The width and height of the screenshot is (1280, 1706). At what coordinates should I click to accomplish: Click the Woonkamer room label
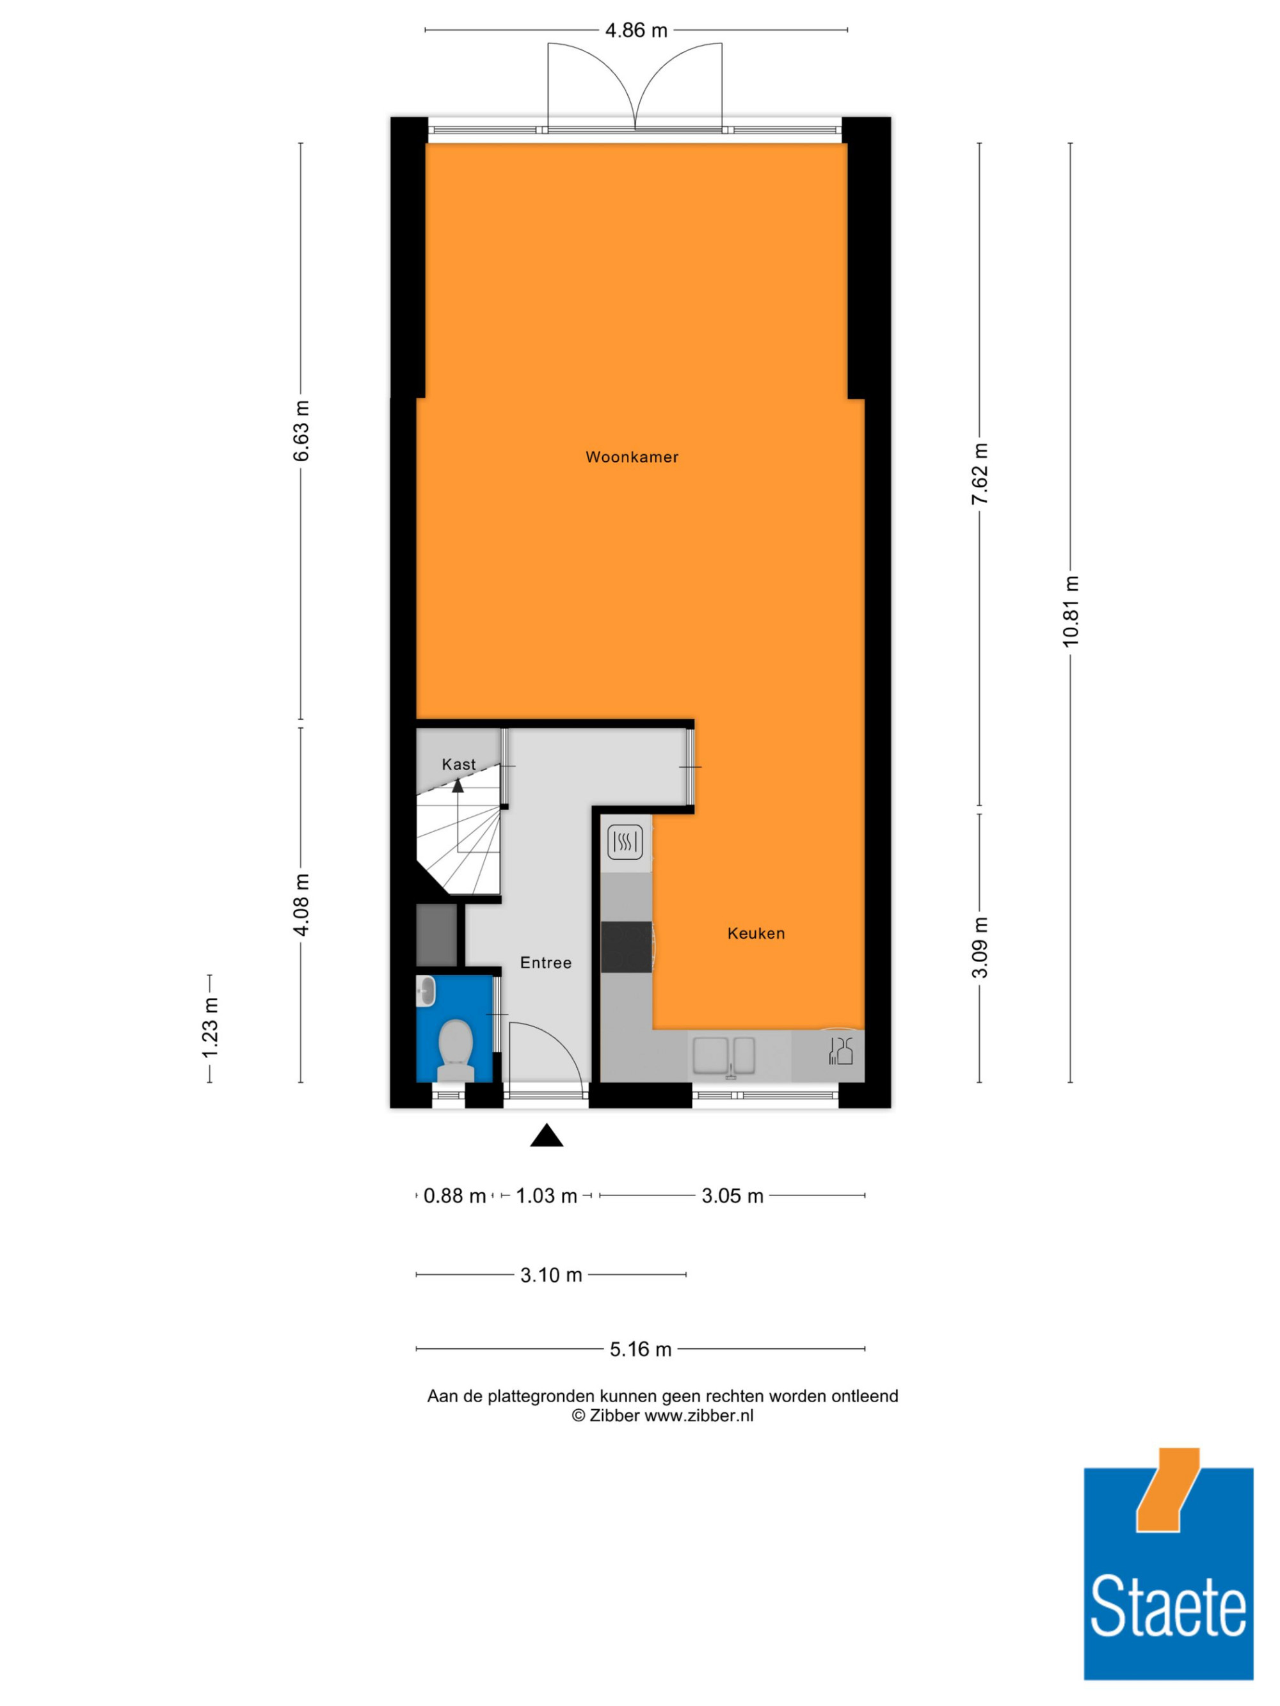click(x=632, y=457)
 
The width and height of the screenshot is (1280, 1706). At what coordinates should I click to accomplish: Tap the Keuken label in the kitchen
click(x=756, y=933)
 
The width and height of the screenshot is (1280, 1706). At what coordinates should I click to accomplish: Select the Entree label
click(x=545, y=963)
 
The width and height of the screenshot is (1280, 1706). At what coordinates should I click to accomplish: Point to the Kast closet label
click(x=458, y=764)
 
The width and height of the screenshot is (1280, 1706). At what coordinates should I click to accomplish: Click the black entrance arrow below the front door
click(x=547, y=1135)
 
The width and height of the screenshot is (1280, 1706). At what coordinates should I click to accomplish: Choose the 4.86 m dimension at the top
click(x=636, y=31)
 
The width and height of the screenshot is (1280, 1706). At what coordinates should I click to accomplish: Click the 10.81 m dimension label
click(x=1070, y=612)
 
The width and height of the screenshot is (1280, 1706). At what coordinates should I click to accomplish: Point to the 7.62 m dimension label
click(x=980, y=475)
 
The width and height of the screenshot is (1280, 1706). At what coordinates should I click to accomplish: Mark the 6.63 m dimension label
click(x=301, y=431)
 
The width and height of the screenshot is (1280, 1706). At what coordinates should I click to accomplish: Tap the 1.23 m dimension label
click(x=210, y=1028)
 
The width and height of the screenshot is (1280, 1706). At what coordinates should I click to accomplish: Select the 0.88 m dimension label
click(x=454, y=1196)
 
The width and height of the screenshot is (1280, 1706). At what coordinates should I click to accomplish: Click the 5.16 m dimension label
click(x=641, y=1349)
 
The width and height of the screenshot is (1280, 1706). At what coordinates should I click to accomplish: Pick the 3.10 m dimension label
click(x=551, y=1275)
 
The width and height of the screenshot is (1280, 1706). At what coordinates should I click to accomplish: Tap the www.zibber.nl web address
click(x=699, y=1415)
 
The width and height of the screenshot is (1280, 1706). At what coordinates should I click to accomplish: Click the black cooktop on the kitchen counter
click(x=627, y=947)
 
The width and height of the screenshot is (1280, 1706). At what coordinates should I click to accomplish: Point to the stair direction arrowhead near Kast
click(x=458, y=786)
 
